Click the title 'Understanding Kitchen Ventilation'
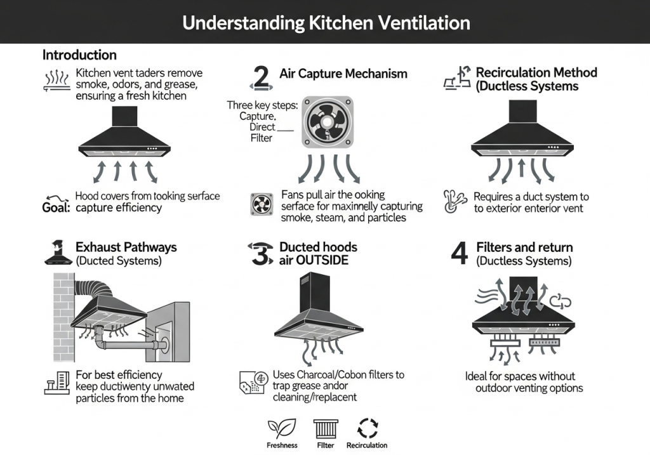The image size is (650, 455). point(326,23)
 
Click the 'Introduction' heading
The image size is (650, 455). point(79,55)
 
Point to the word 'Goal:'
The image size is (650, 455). point(56,208)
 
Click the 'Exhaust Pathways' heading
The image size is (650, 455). point(126,247)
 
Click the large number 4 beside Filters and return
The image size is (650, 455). point(459,253)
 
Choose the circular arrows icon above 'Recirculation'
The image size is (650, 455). point(367,429)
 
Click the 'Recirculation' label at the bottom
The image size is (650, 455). point(367,445)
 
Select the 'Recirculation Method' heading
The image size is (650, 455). point(536,72)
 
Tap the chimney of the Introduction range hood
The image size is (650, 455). point(124,116)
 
